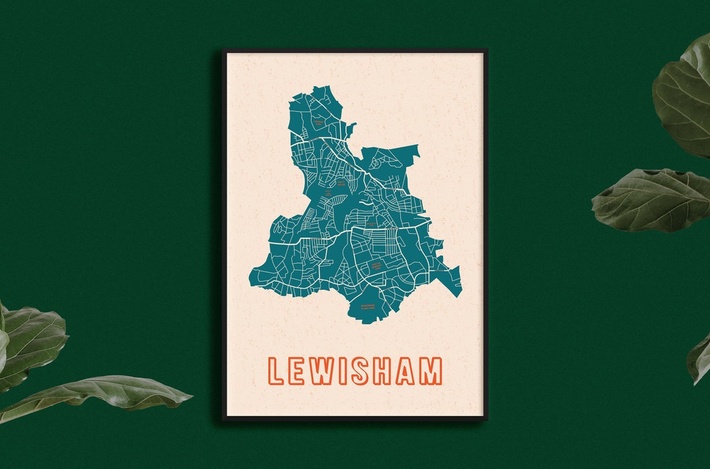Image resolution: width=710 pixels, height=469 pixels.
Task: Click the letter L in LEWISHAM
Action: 276,371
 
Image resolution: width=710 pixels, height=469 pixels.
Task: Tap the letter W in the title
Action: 327,371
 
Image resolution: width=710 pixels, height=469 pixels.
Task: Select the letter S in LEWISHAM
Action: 367,371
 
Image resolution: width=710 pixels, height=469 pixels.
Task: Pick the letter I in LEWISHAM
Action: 349,371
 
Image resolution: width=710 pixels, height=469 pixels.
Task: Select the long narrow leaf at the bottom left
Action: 99,395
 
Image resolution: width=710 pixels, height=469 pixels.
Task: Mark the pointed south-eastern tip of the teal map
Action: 460,294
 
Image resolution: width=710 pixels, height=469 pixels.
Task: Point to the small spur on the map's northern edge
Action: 352,126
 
